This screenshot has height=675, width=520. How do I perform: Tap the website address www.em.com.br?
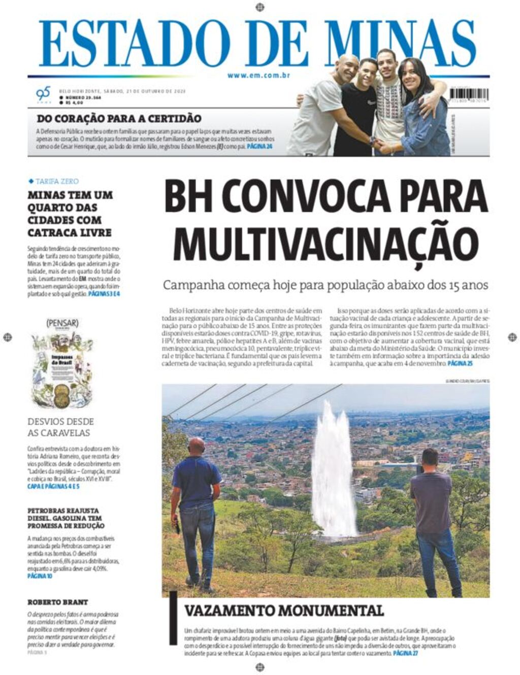(258, 76)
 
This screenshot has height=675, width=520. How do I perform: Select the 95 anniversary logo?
(43, 94)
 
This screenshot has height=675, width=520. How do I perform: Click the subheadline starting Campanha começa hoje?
(325, 285)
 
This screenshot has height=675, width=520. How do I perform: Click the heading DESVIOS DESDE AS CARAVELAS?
(60, 427)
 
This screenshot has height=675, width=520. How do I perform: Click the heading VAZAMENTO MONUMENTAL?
(283, 611)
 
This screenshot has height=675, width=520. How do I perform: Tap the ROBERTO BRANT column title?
(57, 602)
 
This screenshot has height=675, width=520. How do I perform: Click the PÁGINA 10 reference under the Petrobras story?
(40, 577)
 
